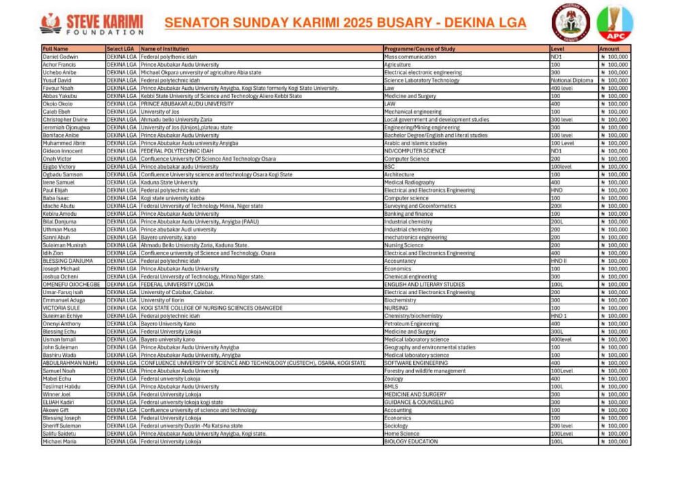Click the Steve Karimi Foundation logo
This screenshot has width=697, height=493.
click(x=92, y=23)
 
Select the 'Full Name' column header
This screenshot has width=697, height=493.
click(x=55, y=49)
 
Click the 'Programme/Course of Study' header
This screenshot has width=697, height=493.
click(x=420, y=49)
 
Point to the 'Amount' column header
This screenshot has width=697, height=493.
click(x=609, y=49)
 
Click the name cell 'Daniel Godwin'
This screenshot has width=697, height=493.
click(x=60, y=57)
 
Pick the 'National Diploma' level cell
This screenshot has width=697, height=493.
click(x=572, y=80)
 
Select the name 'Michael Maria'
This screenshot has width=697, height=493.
click(x=60, y=441)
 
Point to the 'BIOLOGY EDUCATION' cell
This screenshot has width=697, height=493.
click(x=411, y=441)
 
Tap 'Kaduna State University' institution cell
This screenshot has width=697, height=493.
click(x=169, y=182)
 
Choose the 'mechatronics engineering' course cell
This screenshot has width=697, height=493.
click(x=415, y=238)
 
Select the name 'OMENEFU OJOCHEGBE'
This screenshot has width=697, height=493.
click(x=71, y=285)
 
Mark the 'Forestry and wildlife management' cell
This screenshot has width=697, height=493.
click(x=425, y=371)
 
